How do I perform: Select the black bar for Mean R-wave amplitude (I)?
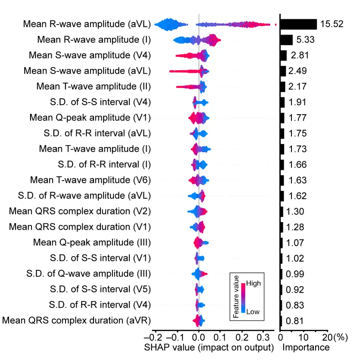pyautogui.click(x=286, y=40)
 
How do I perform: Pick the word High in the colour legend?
pyautogui.click(x=254, y=284)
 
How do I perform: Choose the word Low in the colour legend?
pyautogui.click(x=253, y=312)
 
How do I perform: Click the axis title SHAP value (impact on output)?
pyautogui.click(x=209, y=347)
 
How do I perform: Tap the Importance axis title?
pyautogui.click(x=306, y=347)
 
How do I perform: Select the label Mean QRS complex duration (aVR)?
pyautogui.click(x=77, y=320)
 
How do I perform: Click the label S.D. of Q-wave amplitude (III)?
pyautogui.click(x=88, y=274)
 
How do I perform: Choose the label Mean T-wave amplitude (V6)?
pyautogui.click(x=91, y=180)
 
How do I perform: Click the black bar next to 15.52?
pyautogui.click(x=298, y=24)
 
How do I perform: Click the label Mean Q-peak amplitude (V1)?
pyautogui.click(x=90, y=118)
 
